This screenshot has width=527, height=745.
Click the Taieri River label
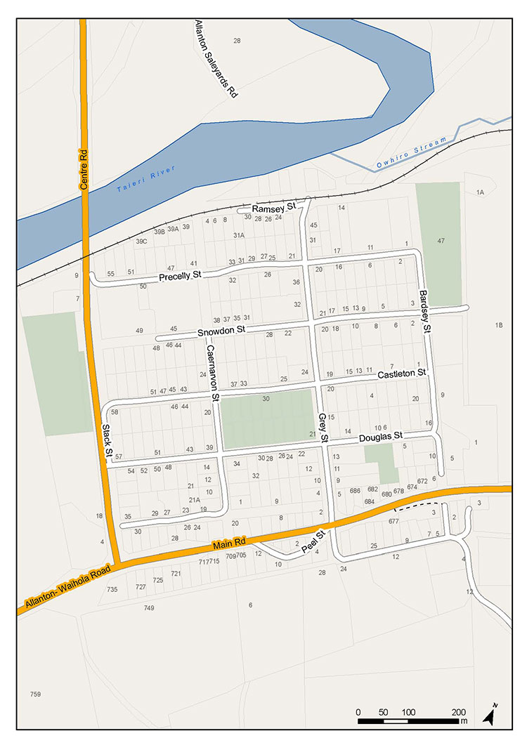(x=146, y=180)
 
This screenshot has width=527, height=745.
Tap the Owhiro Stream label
(x=411, y=153)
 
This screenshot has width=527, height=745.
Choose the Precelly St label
(x=180, y=275)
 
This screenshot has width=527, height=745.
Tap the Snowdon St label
(x=221, y=329)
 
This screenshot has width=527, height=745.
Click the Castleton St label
(x=402, y=373)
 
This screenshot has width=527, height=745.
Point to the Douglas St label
(x=380, y=437)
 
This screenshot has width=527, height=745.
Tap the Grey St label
(x=323, y=427)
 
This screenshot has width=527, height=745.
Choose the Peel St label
(x=313, y=541)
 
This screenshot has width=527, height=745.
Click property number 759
(x=35, y=694)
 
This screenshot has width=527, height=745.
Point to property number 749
(x=148, y=607)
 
